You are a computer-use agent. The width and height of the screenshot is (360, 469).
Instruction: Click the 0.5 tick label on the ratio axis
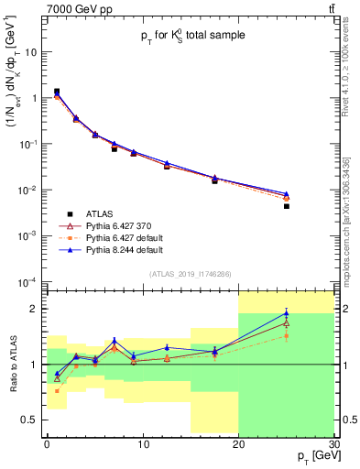tap(30, 420)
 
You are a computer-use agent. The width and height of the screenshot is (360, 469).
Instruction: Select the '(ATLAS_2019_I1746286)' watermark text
tap(190, 274)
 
